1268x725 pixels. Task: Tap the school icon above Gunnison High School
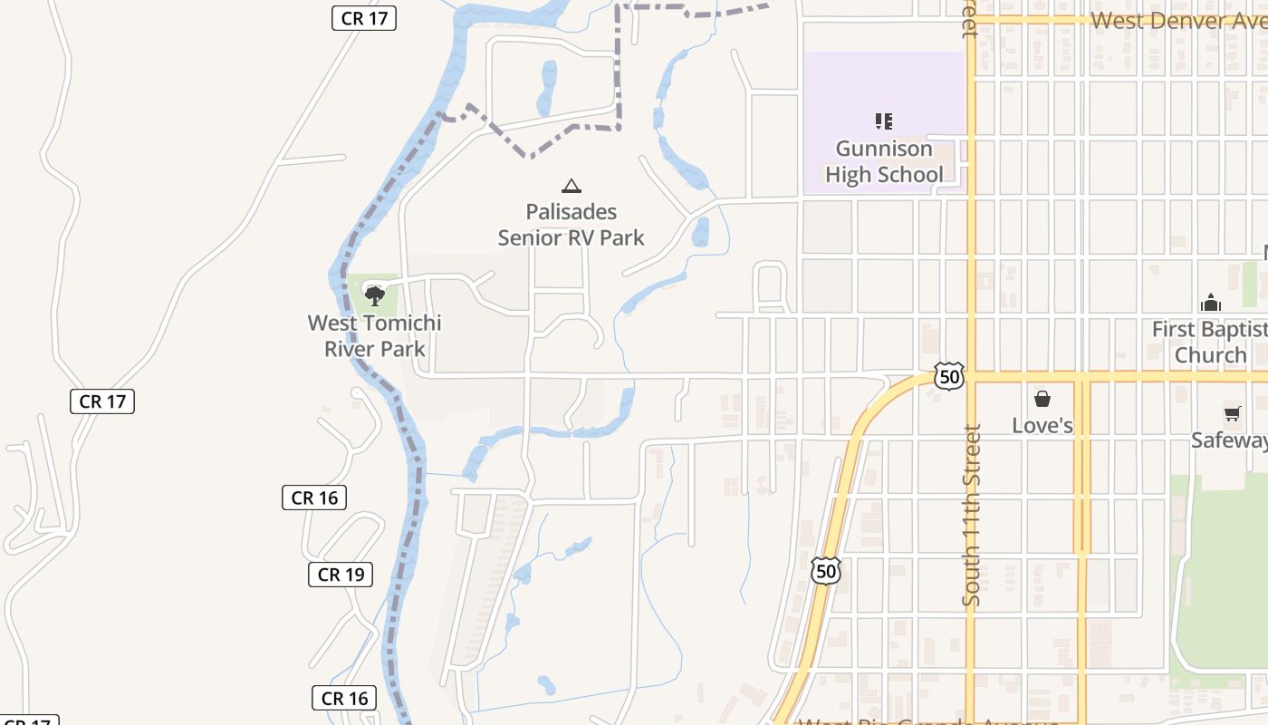tap(884, 121)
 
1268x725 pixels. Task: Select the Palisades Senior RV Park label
tap(571, 225)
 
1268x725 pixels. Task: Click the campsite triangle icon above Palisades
tap(571, 187)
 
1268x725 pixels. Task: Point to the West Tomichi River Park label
tap(374, 335)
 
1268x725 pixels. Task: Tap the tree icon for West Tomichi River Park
tap(374, 295)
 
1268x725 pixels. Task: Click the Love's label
tap(1042, 425)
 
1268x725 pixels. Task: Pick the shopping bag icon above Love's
tap(1042, 399)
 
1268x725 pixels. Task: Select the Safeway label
tap(1230, 440)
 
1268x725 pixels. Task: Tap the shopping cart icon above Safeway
tap(1232, 414)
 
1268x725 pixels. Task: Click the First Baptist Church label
tap(1210, 342)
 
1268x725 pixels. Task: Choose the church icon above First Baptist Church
tap(1210, 303)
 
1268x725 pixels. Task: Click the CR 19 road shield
tap(341, 574)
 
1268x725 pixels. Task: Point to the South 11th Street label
tap(972, 515)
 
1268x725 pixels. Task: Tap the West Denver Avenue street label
tap(1177, 20)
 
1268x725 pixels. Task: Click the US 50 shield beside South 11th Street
tap(948, 376)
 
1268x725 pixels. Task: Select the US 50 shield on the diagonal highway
tap(825, 571)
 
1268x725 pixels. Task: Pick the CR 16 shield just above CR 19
tap(314, 498)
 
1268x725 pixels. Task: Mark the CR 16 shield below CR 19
tap(345, 698)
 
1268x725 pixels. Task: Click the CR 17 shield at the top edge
tap(364, 17)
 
